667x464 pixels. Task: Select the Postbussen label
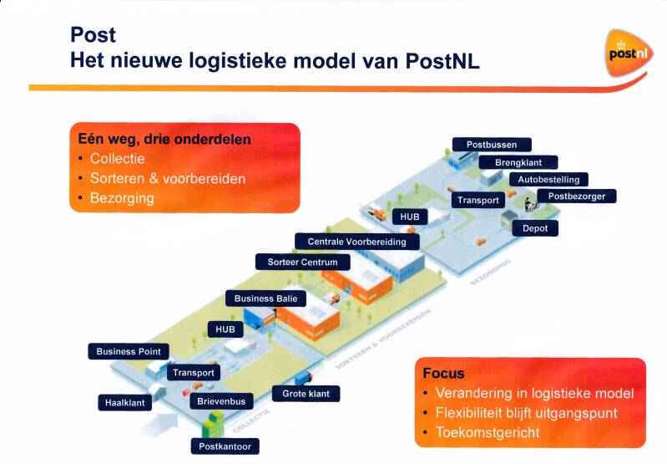coord(491,145)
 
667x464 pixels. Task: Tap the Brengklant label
coord(518,162)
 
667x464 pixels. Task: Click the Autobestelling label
coord(548,180)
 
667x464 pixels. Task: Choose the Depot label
coord(534,227)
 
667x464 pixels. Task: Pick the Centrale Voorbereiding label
coord(356,242)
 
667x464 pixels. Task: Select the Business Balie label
coord(265,298)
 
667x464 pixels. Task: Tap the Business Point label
coord(128,351)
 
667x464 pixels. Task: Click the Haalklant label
coord(124,403)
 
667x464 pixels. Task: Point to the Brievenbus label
coord(221,402)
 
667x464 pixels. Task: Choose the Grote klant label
coord(306,393)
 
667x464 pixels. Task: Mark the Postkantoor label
coord(225,446)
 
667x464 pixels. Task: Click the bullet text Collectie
coord(117,159)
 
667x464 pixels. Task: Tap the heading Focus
coord(443,373)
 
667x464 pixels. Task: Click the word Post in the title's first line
coord(93,35)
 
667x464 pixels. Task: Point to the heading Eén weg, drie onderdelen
coord(164,140)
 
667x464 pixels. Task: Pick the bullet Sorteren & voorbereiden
coord(168,179)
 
